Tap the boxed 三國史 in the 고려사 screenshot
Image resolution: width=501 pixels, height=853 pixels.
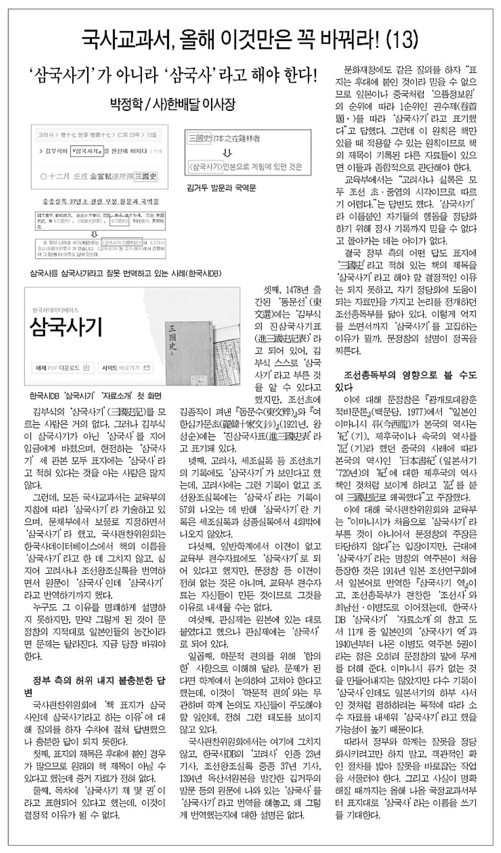click(x=146, y=176)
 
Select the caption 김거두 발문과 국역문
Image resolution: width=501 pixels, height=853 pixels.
click(x=221, y=188)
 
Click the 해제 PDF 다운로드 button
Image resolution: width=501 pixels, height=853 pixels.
click(x=61, y=367)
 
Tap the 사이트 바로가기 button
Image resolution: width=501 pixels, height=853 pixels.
click(x=126, y=367)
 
